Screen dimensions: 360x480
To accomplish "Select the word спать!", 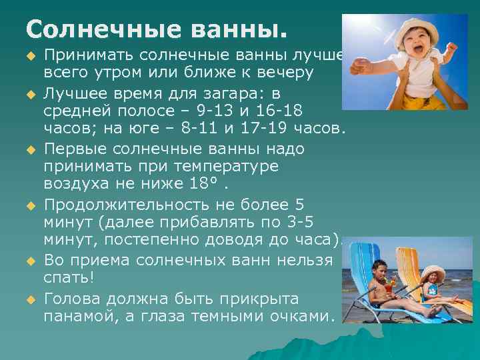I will tap(67, 275).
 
